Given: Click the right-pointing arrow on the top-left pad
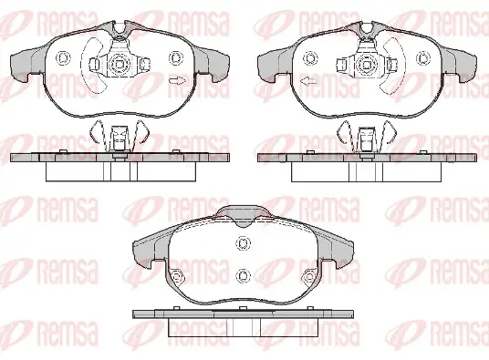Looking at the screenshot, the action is pyautogui.click(x=178, y=80).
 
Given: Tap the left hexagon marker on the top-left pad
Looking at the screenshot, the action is pyautogui.click(x=63, y=58).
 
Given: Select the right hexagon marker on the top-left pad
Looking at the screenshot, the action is pyautogui.click(x=175, y=58).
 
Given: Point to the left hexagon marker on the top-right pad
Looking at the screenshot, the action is pyautogui.click(x=310, y=58).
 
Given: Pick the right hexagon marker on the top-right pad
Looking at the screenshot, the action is pyautogui.click(x=423, y=58).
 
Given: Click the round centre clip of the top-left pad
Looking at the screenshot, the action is pyautogui.click(x=120, y=64).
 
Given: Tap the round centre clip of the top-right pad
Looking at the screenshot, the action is pyautogui.click(x=367, y=65).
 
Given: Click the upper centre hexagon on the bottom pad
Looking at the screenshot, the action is pyautogui.click(x=244, y=243).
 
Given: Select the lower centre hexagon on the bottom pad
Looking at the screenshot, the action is pyautogui.click(x=244, y=275).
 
